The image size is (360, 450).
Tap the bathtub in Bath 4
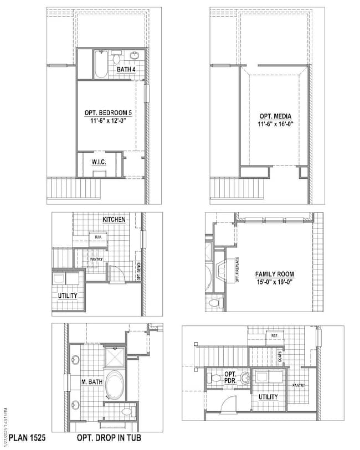tap(100, 65)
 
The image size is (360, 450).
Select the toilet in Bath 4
tap(116, 57)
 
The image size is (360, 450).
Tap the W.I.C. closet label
tap(100, 162)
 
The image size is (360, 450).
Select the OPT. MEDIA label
tap(275, 116)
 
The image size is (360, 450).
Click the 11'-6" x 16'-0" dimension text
tap(275, 125)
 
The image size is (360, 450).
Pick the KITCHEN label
tap(114, 220)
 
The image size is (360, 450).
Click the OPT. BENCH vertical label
tap(139, 271)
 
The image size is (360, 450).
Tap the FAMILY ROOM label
tap(275, 274)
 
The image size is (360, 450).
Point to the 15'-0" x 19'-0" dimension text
tap(275, 282)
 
